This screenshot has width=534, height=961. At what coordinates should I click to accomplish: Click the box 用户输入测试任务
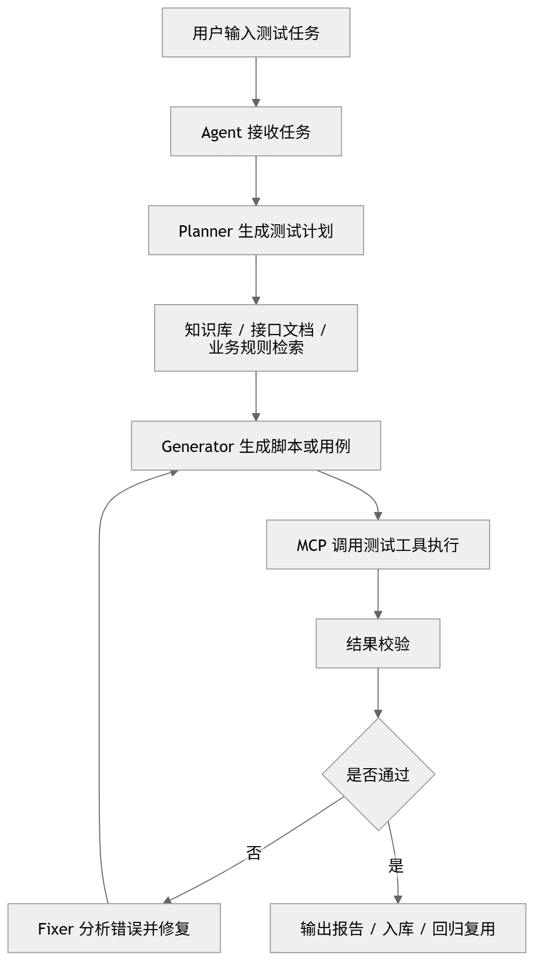256,33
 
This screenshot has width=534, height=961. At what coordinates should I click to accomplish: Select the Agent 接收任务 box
256,132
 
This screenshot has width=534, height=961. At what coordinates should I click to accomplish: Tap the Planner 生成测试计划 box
257,231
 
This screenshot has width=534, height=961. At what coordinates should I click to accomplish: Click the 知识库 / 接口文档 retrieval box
256,339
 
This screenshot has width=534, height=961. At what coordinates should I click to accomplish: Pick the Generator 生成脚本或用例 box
256,446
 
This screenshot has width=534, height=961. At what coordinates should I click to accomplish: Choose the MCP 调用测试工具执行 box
377,545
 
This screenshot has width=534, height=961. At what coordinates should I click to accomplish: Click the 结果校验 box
378,644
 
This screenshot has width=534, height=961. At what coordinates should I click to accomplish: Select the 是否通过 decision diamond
378,775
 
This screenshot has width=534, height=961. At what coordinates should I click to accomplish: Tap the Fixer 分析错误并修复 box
114,929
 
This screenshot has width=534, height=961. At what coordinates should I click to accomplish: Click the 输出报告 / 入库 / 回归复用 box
397,929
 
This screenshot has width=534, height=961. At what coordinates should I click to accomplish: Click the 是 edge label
396,865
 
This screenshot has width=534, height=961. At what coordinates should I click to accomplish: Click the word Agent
221,133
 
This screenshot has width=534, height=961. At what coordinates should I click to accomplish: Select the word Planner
205,231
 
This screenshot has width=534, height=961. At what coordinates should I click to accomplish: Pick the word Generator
198,447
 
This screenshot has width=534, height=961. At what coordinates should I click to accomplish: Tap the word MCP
311,545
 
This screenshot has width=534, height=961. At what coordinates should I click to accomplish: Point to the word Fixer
56,929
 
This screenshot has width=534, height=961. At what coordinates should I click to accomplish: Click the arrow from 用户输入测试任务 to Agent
257,82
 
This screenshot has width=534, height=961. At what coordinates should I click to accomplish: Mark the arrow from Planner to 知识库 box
257,280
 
